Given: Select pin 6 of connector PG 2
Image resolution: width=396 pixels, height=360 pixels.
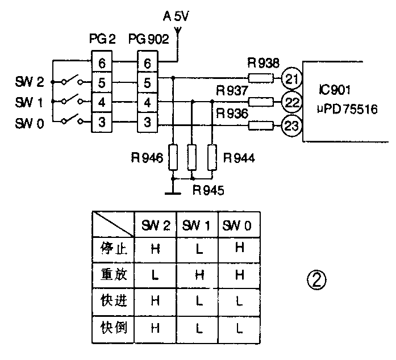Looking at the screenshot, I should pyautogui.click(x=102, y=62).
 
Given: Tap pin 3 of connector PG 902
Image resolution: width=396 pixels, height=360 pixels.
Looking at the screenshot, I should pyautogui.click(x=147, y=122).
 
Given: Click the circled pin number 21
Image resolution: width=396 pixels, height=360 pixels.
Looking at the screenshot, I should pyautogui.click(x=291, y=79).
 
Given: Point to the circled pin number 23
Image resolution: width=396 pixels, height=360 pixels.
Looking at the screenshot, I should pyautogui.click(x=291, y=125).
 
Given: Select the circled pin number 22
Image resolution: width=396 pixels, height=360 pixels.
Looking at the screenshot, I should pyautogui.click(x=291, y=102).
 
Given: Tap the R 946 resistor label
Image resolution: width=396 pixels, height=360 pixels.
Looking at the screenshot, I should pyautogui.click(x=150, y=159).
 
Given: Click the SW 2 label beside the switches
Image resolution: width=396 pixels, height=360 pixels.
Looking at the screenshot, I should pyautogui.click(x=30, y=82).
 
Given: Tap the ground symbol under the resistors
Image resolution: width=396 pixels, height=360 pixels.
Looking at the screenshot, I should pyautogui.click(x=173, y=191).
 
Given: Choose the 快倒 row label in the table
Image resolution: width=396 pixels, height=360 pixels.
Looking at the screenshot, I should pyautogui.click(x=112, y=327).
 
